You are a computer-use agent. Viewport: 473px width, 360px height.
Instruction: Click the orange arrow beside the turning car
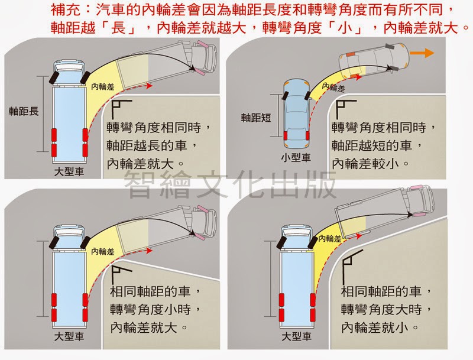pos(422,53)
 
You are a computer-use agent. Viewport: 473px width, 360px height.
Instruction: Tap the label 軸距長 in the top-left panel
pos(24,112)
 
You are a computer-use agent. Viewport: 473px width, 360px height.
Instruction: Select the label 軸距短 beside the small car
pos(256,118)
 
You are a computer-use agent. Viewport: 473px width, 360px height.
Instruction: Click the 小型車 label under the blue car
pos(296,157)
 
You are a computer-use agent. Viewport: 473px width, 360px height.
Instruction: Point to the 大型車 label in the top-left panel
pos(69,172)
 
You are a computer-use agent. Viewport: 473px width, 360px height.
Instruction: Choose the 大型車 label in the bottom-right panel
pos(296,336)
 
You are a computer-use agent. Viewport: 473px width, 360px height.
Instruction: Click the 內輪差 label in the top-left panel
pos(103,87)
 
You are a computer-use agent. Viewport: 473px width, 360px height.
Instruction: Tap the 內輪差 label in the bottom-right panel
pos(330,239)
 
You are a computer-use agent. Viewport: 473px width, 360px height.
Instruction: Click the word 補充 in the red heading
pos(66,10)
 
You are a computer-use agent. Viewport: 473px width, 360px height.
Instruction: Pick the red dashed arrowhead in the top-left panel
pos(148,86)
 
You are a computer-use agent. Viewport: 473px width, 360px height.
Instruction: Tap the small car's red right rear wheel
pos(307,136)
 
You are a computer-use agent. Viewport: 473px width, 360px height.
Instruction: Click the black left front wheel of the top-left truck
pos(54,77)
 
